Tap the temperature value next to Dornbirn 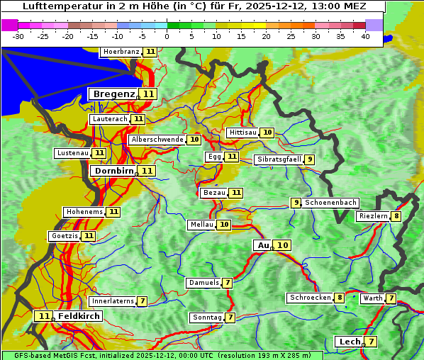[147, 171]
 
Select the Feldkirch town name [79, 316]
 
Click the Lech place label [350, 342]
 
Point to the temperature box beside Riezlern [396, 216]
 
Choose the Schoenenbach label [330, 203]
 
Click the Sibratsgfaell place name [279, 159]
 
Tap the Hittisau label [242, 133]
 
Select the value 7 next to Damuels [227, 283]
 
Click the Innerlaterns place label [113, 301]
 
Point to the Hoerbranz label [121, 52]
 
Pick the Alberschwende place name [157, 140]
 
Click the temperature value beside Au [282, 245]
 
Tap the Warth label [372, 298]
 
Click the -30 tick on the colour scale [18, 35]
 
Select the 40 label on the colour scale [364, 35]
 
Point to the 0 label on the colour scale [167, 35]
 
